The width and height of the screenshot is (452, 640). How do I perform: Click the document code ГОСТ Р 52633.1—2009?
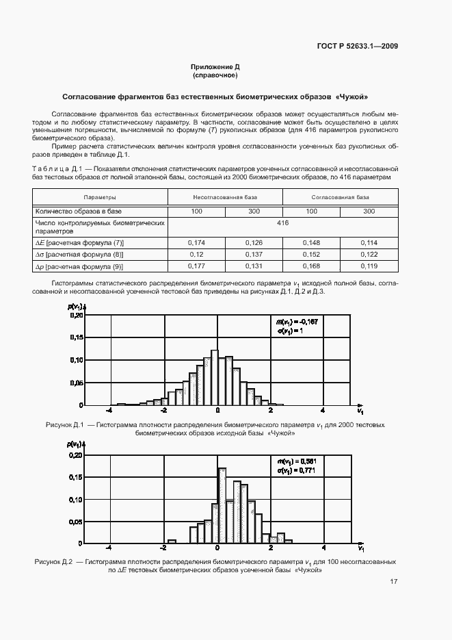358,47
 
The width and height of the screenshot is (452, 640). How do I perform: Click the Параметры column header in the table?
99,197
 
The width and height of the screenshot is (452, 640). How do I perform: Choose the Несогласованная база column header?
225,197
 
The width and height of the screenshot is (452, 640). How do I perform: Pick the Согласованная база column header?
340,197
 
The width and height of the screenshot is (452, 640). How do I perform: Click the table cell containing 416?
282,223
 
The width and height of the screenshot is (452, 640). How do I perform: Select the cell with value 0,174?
196,242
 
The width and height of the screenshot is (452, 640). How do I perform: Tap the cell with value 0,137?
254,255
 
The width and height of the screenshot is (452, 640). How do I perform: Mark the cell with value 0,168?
311,266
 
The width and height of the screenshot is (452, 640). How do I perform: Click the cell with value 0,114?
369,242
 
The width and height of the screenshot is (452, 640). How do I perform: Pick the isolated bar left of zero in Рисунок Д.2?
172,541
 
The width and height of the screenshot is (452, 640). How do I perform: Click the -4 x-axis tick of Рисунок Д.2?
109,548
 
